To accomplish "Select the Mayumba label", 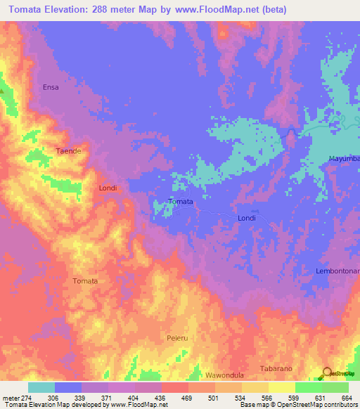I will point(344,160).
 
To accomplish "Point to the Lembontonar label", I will point(337,271).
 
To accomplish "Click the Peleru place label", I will point(176,338).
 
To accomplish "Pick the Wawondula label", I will point(224,375).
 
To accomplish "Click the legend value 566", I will point(268,398).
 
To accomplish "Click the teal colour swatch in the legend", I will point(41,387).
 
